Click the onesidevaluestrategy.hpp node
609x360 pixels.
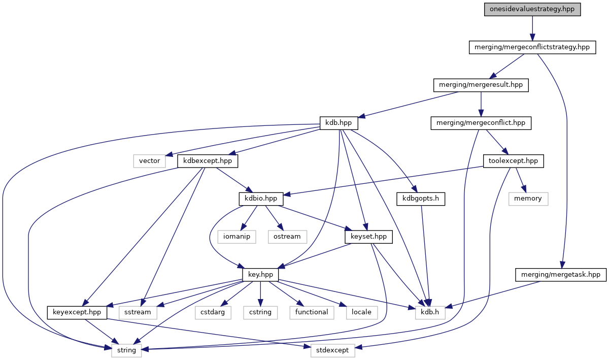pos(532,10)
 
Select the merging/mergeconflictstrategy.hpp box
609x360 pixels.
pos(531,47)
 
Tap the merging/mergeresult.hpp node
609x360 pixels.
pos(481,85)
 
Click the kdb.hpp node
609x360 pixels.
pos(339,123)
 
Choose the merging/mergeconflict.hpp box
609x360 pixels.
pos(481,123)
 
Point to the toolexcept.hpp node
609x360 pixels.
pos(513,161)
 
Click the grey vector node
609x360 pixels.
pos(150,161)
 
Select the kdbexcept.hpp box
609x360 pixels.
pos(208,161)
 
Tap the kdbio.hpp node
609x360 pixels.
pos(261,199)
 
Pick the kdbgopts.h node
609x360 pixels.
pos(421,199)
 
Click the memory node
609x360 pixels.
pos(528,199)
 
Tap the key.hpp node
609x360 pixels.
pos(260,274)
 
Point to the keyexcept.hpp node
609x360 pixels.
pos(77,312)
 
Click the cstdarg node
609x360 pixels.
pos(213,312)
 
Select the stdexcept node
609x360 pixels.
pos(333,350)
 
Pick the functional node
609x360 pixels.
pos(312,312)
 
